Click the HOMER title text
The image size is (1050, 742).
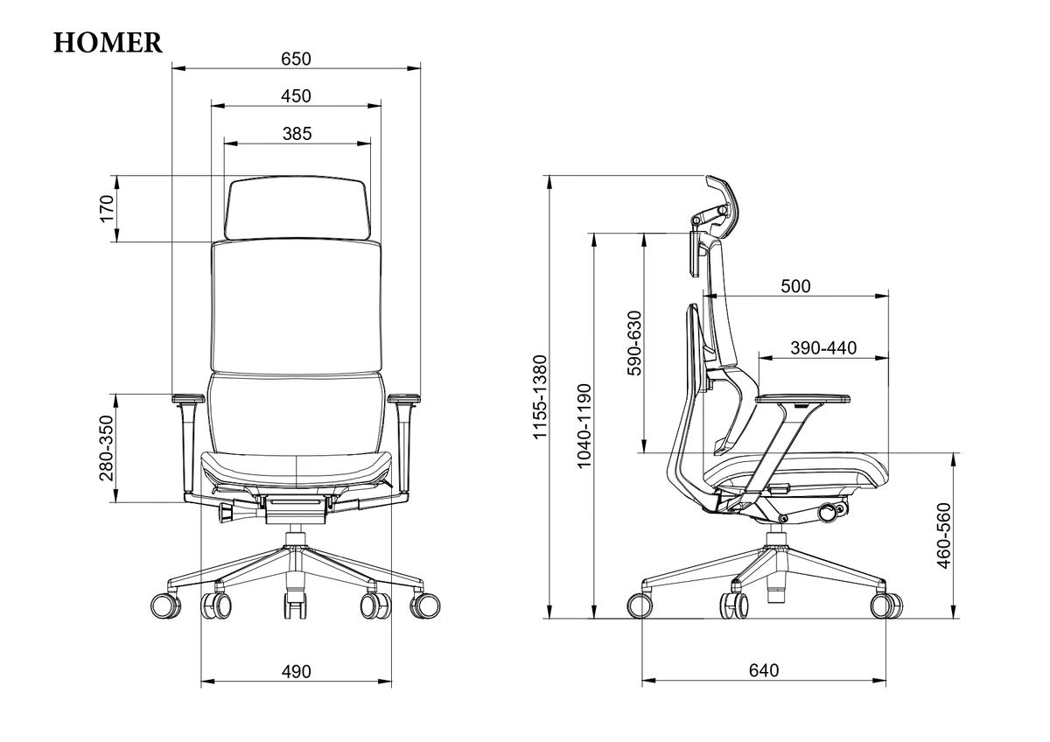tap(108, 43)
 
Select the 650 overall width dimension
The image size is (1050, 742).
tap(296, 59)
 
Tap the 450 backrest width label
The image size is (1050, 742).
tap(296, 96)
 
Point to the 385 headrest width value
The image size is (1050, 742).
tap(297, 134)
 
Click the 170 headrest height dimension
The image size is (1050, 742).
tap(107, 209)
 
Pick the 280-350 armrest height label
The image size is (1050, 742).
tap(107, 448)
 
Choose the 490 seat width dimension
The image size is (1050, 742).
tap(297, 672)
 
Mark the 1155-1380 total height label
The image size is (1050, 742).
tap(541, 396)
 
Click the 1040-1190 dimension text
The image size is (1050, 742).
tap(584, 425)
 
